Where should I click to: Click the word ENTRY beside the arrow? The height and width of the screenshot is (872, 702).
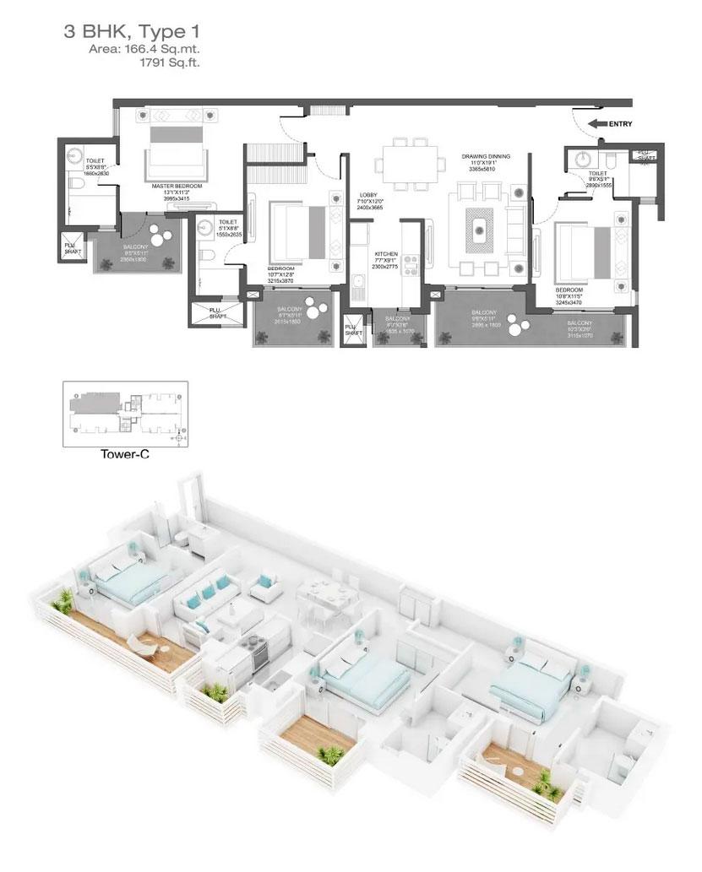(x=621, y=124)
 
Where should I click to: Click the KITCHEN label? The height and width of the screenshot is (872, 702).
(x=385, y=253)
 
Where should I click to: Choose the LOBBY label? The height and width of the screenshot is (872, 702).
(x=367, y=195)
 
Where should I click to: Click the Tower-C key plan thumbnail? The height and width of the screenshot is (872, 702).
(x=124, y=413)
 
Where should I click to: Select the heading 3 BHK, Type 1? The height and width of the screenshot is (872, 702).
(x=132, y=33)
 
